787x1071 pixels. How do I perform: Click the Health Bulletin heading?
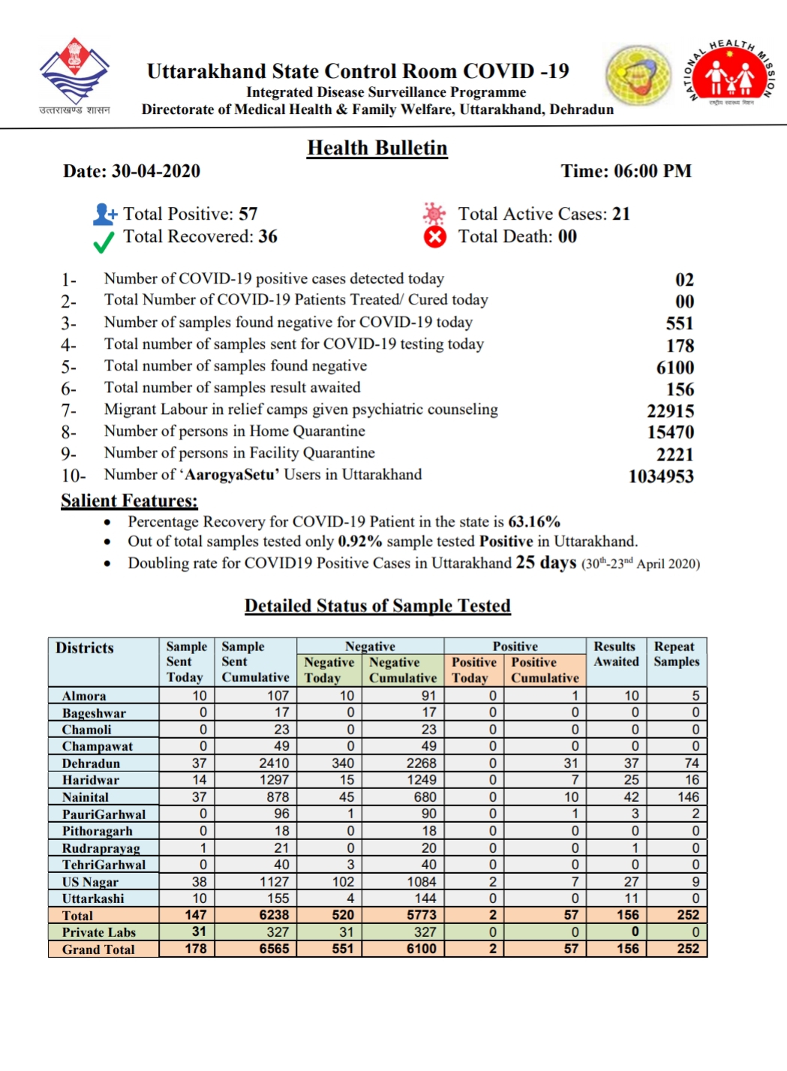377,148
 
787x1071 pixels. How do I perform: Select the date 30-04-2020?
155,171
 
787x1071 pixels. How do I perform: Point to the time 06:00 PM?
652,171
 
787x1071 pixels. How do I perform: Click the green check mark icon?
104,241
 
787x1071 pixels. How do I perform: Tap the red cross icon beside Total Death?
434,237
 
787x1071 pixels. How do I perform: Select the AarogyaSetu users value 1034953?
660,476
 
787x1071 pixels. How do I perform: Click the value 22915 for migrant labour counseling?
670,411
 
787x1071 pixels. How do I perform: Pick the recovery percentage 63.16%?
534,521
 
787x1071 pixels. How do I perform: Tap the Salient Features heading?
129,500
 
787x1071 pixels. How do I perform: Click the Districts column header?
85,648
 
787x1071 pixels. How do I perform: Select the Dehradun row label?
91,763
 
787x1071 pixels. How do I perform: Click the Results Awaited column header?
616,654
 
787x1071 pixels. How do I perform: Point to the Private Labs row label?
98,932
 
